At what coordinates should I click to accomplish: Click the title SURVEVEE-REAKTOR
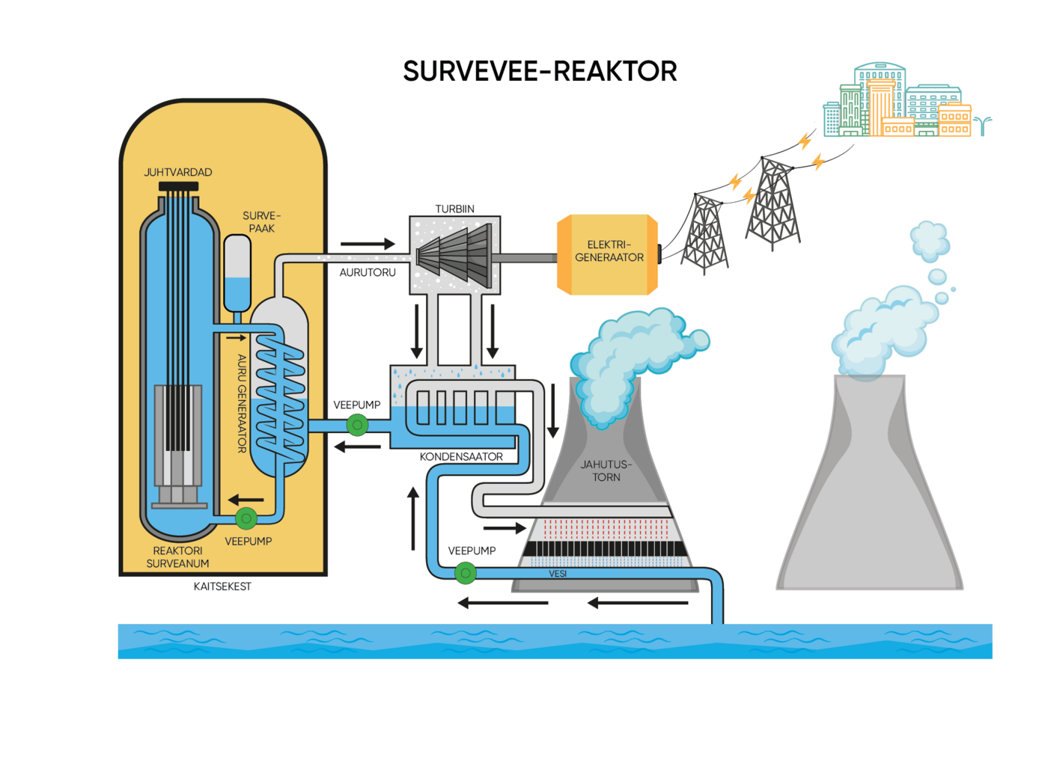[x=540, y=72]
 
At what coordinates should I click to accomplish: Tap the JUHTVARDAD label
[x=178, y=172]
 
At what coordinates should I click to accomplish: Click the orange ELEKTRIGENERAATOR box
[x=608, y=254]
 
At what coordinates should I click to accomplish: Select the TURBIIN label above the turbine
[x=454, y=209]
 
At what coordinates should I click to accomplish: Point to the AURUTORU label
[x=368, y=272]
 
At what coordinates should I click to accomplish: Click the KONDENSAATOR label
[x=461, y=456]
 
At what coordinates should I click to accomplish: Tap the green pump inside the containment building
[x=246, y=518]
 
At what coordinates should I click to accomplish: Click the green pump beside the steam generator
[x=358, y=426]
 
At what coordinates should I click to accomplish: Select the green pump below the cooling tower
[x=466, y=574]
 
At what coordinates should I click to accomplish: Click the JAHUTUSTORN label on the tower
[x=606, y=471]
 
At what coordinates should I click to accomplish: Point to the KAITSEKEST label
[x=222, y=586]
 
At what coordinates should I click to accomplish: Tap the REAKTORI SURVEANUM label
[x=177, y=557]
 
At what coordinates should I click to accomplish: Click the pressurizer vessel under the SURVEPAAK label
[x=237, y=273]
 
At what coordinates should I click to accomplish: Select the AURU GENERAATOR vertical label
[x=242, y=403]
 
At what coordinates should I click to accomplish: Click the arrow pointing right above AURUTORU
[x=368, y=244]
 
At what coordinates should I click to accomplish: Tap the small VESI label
[x=558, y=574]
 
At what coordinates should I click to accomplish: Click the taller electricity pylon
[x=773, y=202]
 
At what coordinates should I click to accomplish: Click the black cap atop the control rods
[x=178, y=186]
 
